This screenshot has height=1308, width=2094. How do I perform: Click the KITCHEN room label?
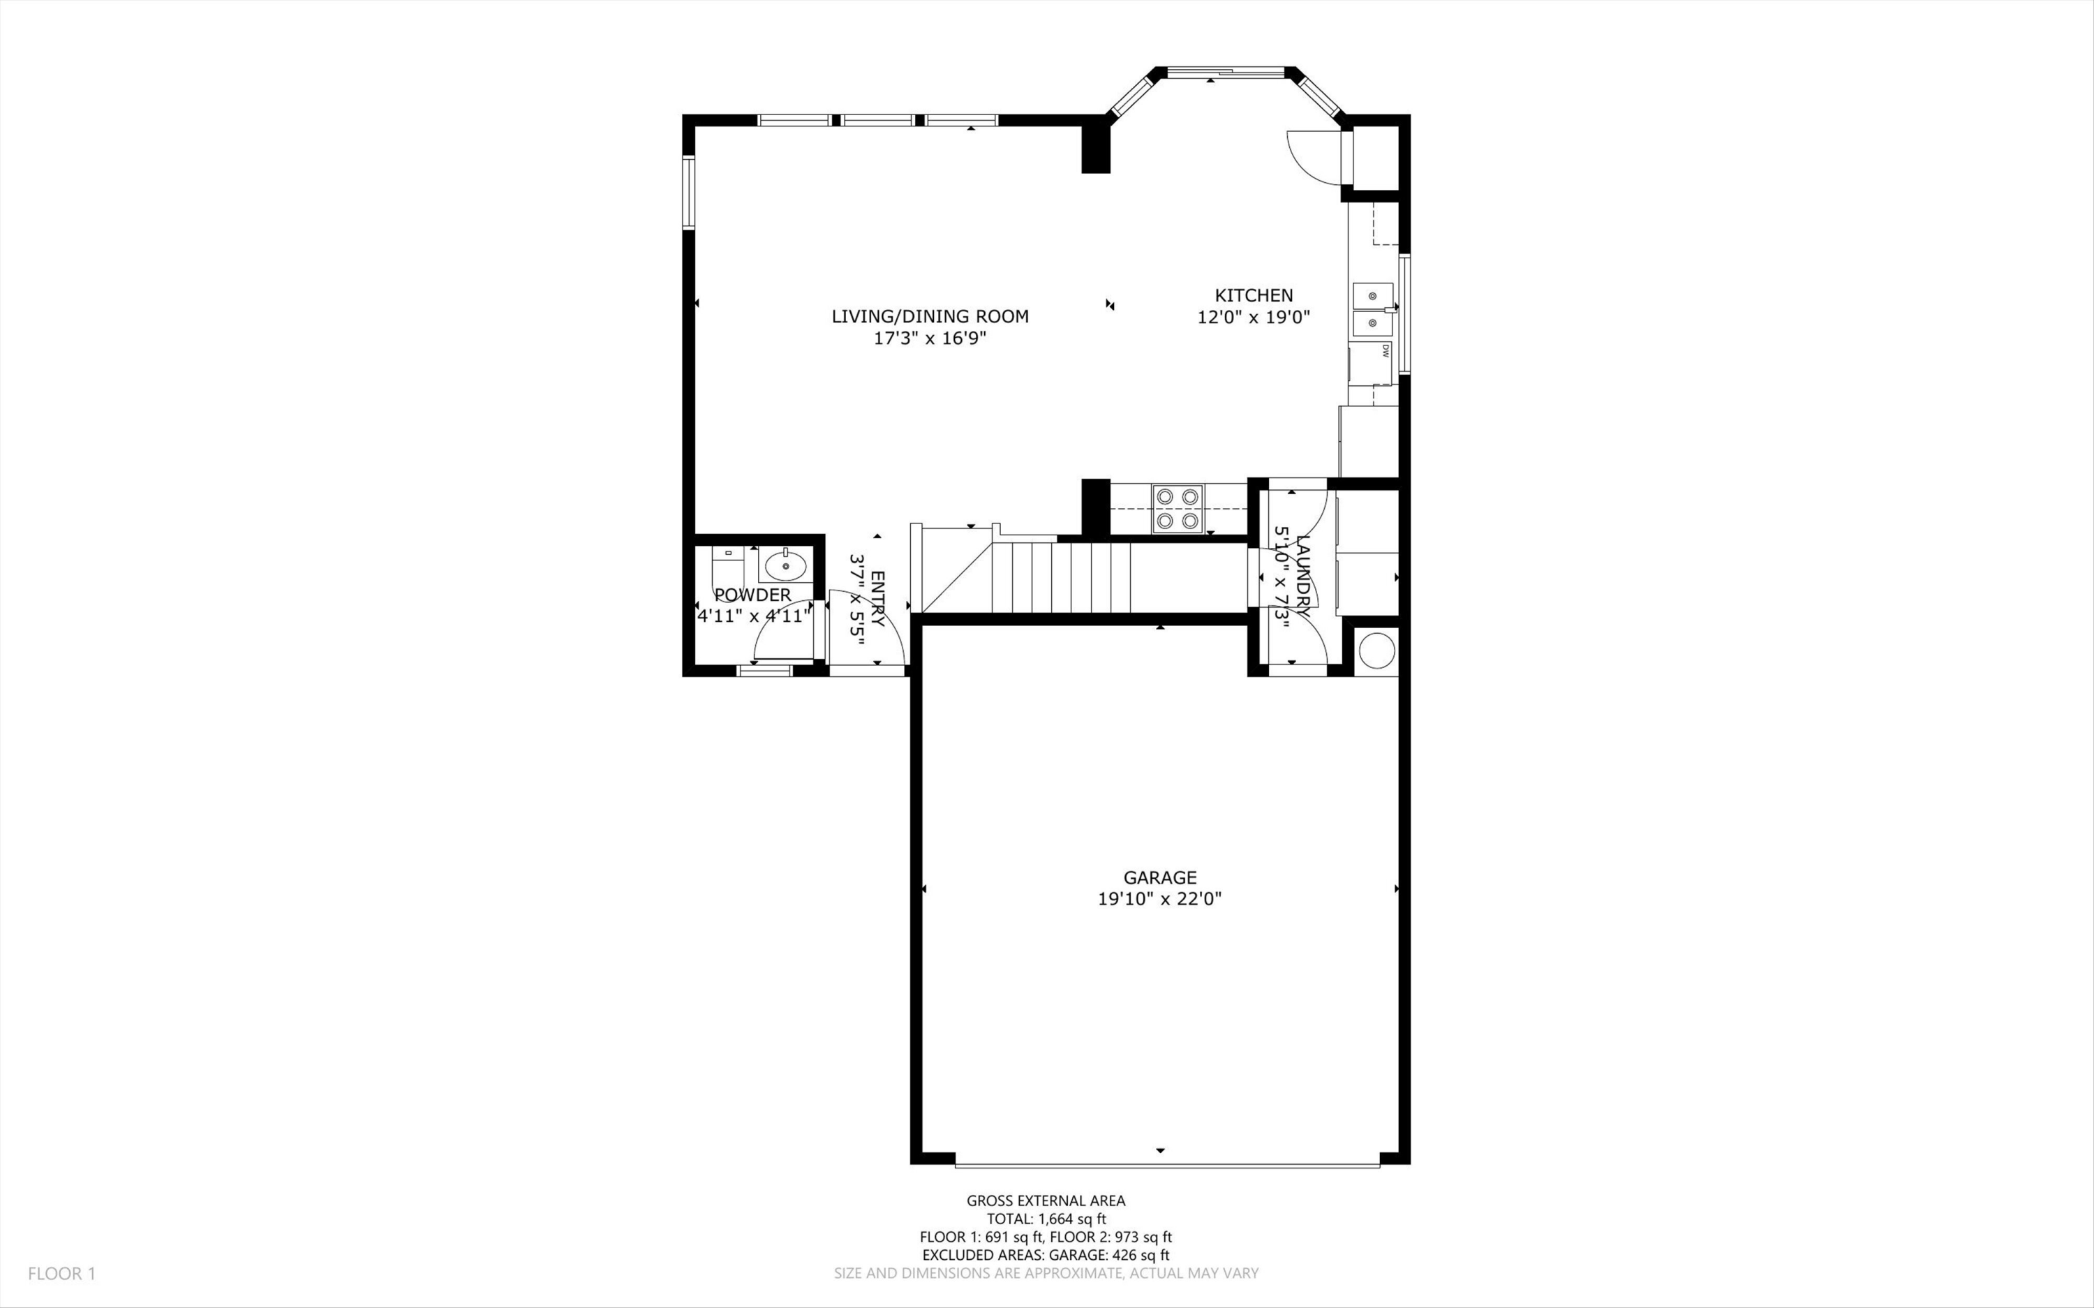[1254, 295]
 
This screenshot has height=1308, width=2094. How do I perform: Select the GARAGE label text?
[1160, 878]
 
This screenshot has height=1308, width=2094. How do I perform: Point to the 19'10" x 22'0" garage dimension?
[1160, 899]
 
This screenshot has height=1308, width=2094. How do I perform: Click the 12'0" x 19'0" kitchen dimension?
[1254, 318]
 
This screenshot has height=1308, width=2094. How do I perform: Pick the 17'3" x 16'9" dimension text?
[930, 339]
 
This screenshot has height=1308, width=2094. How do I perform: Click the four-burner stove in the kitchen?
[1177, 509]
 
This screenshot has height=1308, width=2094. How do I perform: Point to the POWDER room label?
[752, 595]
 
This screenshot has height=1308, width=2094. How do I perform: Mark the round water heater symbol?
[1376, 651]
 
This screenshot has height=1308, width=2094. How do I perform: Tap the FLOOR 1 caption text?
[61, 1273]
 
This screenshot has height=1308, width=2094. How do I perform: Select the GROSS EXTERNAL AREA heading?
[1046, 1200]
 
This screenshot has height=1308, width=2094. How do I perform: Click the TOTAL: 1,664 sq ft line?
[1046, 1219]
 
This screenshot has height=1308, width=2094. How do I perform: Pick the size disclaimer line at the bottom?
[1046, 1273]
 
